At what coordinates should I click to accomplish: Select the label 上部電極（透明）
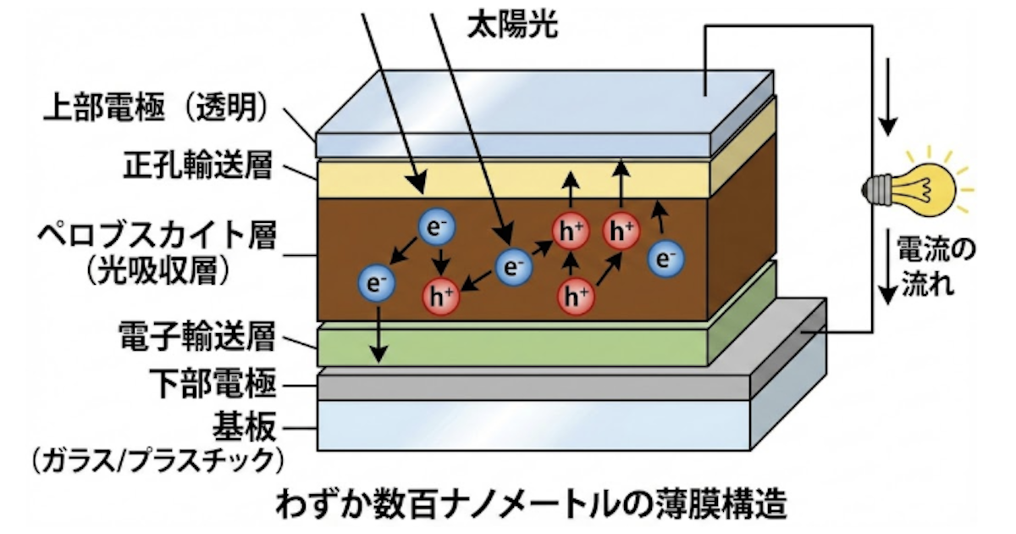(156, 108)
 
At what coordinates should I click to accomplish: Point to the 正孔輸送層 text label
(200, 166)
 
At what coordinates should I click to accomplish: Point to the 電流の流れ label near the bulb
(926, 267)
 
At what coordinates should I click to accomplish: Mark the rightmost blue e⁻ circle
(666, 259)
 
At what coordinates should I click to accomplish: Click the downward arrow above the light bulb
(886, 98)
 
